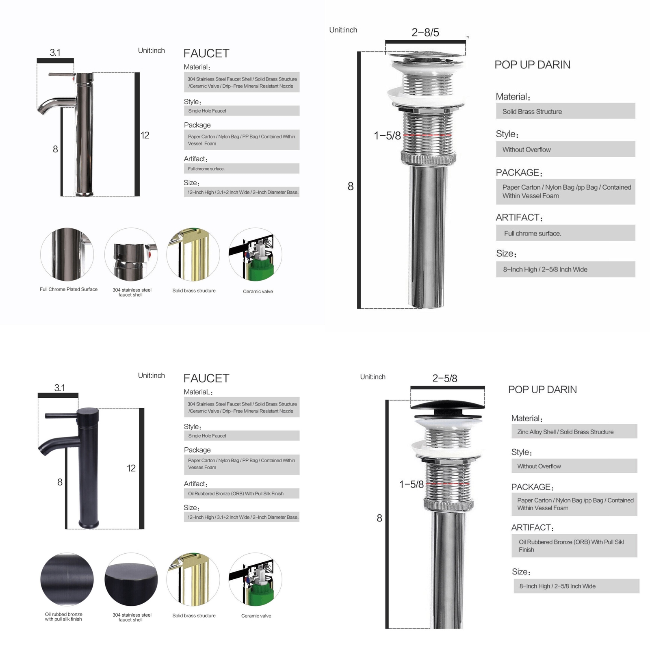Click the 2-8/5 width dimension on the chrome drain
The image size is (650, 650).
(x=425, y=32)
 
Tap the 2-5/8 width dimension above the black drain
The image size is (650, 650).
(x=445, y=378)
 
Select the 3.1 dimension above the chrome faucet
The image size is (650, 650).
(x=55, y=52)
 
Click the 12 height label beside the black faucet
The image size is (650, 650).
(x=131, y=468)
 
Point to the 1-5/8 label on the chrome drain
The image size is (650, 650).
(x=387, y=136)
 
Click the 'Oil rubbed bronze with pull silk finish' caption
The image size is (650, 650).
(x=64, y=617)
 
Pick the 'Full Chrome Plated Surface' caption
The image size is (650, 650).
(x=69, y=289)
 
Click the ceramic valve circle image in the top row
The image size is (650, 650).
(x=256, y=254)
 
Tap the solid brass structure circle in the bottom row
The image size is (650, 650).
(x=193, y=579)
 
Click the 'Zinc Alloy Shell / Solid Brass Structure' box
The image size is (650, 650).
(x=574, y=431)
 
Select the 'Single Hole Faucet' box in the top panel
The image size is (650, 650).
(x=242, y=110)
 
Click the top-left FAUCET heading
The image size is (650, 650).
(x=206, y=53)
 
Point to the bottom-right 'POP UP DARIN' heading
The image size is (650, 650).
(x=542, y=390)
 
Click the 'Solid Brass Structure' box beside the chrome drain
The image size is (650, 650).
(x=565, y=111)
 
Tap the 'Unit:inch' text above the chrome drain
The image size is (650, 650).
(x=343, y=30)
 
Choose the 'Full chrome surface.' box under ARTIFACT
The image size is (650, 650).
(x=565, y=233)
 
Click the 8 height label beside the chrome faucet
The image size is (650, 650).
(x=55, y=149)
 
